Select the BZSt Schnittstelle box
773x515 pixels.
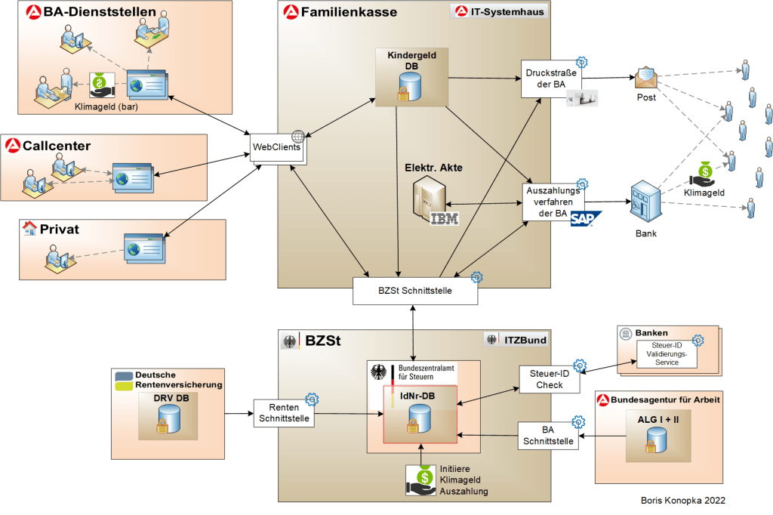pyautogui.click(x=415, y=291)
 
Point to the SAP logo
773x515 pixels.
pyautogui.click(x=585, y=219)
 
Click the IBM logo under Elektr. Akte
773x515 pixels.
pyautogui.click(x=445, y=219)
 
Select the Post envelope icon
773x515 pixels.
pyautogui.click(x=647, y=78)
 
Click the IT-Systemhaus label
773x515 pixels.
pyautogui.click(x=501, y=12)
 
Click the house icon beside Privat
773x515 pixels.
pyautogui.click(x=29, y=228)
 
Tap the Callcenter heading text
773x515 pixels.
pyautogui.click(x=57, y=145)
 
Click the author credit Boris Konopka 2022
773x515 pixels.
pyautogui.click(x=682, y=500)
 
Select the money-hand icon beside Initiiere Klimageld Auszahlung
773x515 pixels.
pyautogui.click(x=421, y=480)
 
